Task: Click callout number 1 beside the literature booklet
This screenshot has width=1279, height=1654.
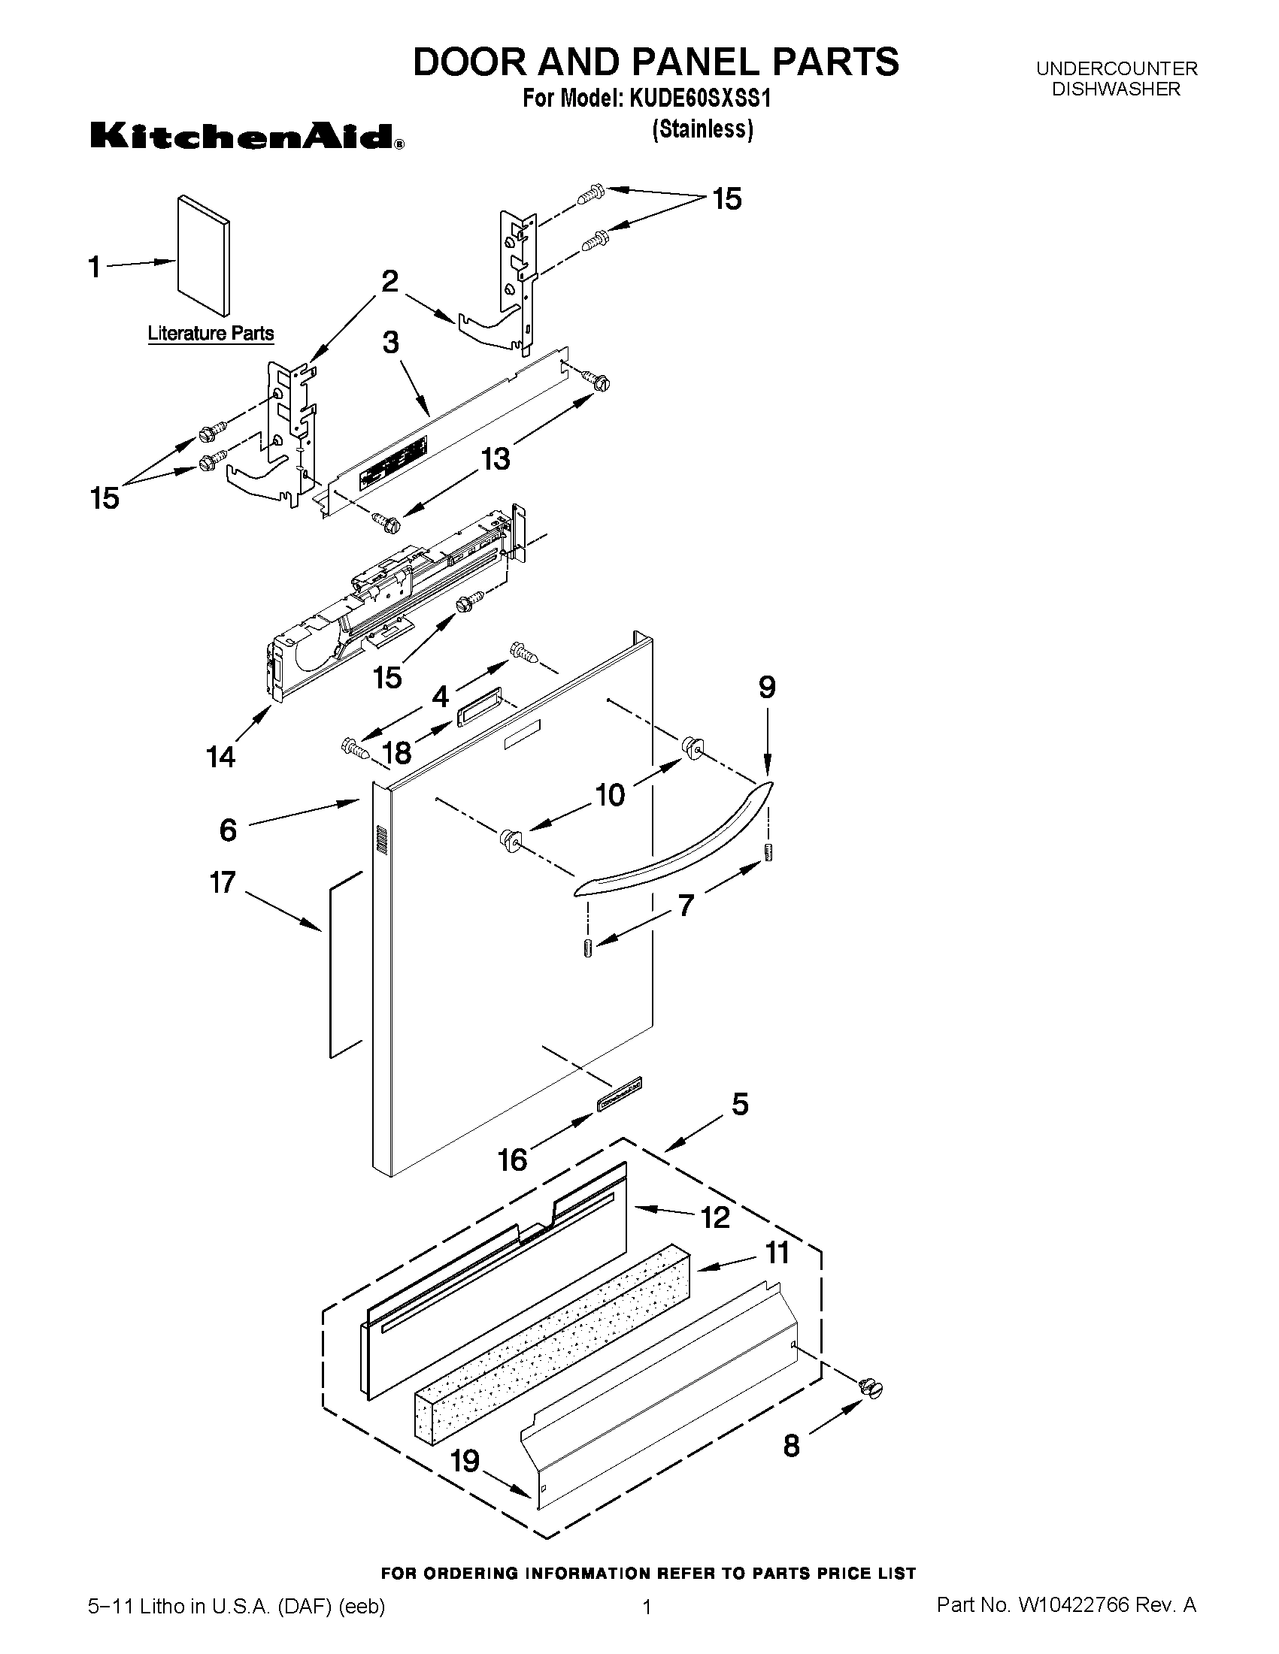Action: pyautogui.click(x=95, y=267)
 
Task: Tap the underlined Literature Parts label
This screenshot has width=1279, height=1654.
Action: pyautogui.click(x=211, y=333)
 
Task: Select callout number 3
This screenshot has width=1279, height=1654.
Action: pyautogui.click(x=390, y=343)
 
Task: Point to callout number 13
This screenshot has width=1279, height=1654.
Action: pyautogui.click(x=496, y=458)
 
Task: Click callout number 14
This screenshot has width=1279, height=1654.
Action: pyautogui.click(x=221, y=756)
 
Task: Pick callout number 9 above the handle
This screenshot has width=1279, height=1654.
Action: pyautogui.click(x=767, y=687)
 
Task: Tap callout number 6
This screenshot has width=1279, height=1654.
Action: pyautogui.click(x=228, y=830)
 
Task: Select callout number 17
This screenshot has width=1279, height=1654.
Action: pyautogui.click(x=223, y=882)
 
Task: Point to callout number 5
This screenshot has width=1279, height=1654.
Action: pyautogui.click(x=740, y=1104)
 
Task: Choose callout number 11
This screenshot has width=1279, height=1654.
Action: pyautogui.click(x=777, y=1253)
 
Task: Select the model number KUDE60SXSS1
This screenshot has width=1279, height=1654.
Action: pyautogui.click(x=699, y=99)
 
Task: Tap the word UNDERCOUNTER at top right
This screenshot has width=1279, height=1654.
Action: pyautogui.click(x=1116, y=69)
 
